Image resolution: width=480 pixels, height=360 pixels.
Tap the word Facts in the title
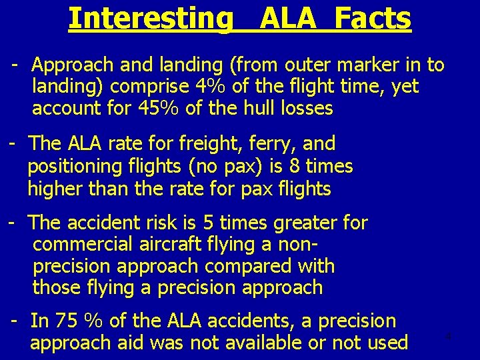point(373,19)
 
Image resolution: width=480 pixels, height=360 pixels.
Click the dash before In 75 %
point(14,321)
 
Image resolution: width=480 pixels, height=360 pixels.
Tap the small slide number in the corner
point(449,336)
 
